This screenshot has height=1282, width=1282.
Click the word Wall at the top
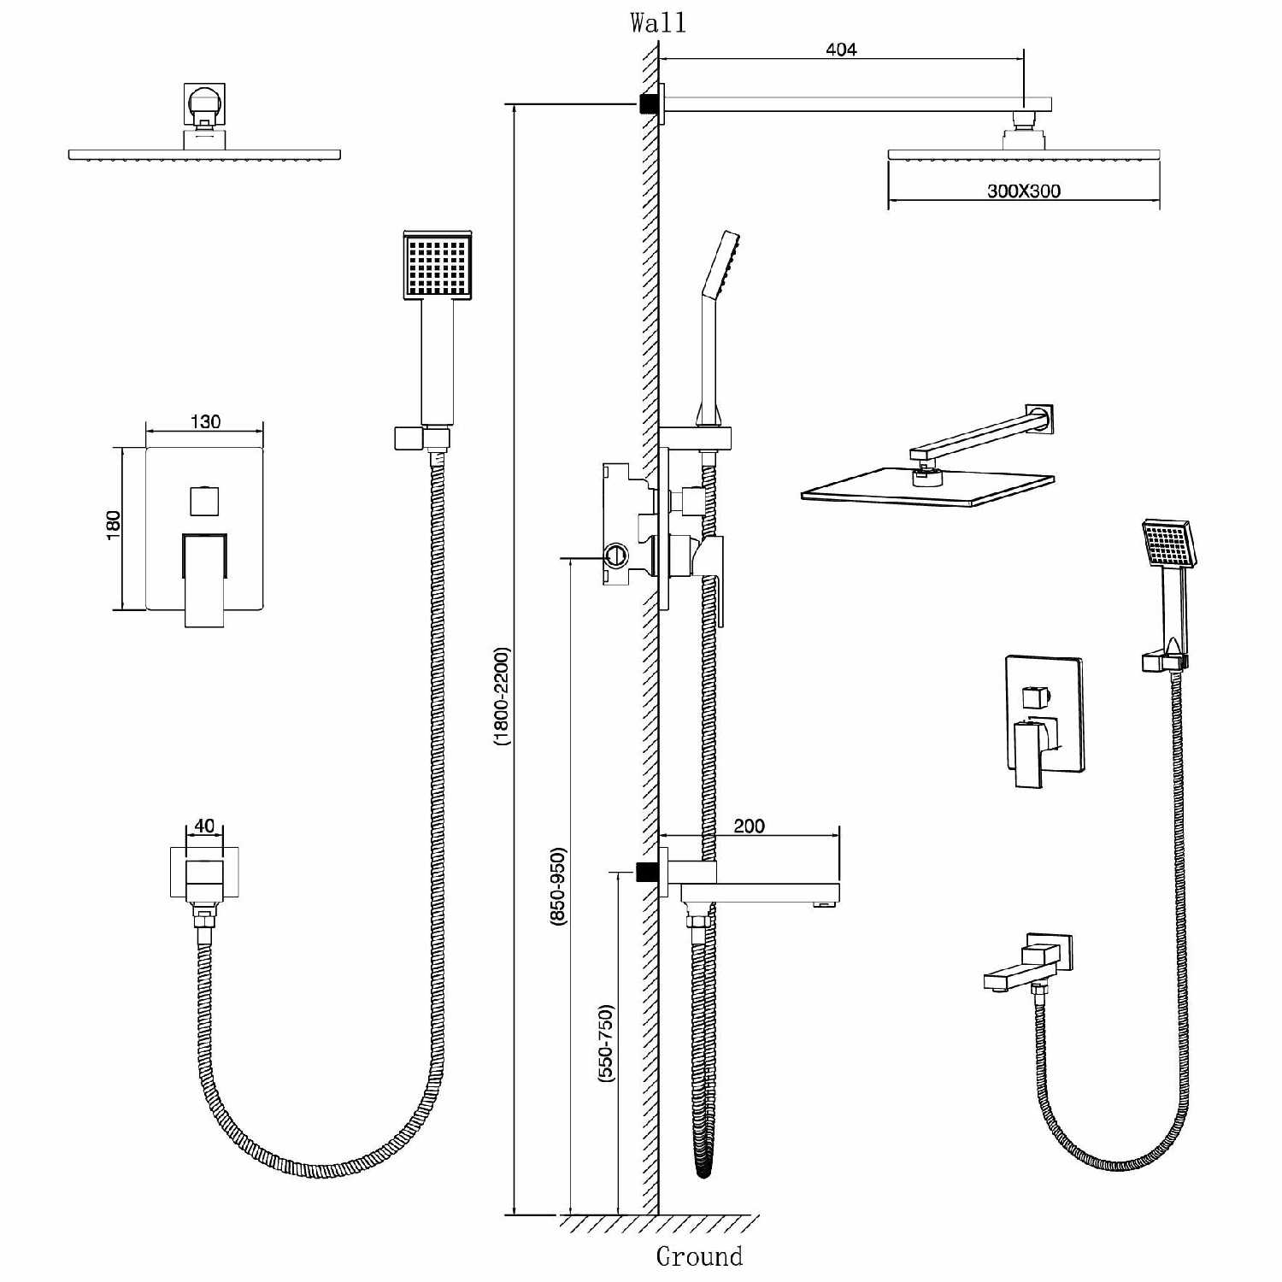[x=657, y=22]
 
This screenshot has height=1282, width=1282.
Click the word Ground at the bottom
[x=699, y=1256]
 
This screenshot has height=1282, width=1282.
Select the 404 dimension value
[x=841, y=50]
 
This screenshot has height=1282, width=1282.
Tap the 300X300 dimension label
[x=1024, y=191]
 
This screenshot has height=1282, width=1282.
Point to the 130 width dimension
[x=205, y=421]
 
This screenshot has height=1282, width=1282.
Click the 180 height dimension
[x=114, y=524]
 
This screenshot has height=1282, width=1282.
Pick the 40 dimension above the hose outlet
[x=204, y=826]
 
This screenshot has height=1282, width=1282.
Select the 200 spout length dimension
[x=749, y=826]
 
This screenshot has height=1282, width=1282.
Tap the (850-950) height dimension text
[x=558, y=885]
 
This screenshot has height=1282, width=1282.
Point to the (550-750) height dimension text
[x=606, y=1044]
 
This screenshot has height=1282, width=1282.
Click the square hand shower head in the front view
[x=438, y=266]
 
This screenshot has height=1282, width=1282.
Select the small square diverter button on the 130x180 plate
[x=205, y=500]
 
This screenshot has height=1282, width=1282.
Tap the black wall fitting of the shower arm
[x=649, y=103]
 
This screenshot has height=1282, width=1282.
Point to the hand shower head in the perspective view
[x=1168, y=544]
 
